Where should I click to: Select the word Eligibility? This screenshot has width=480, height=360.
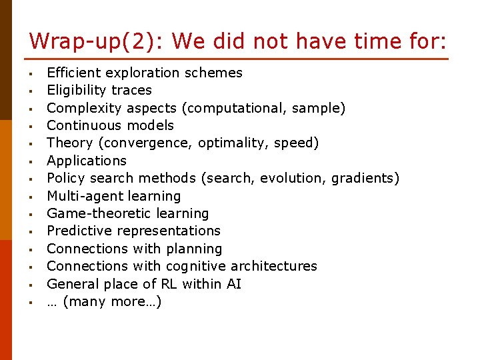76,90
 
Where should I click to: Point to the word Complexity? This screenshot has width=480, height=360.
79,108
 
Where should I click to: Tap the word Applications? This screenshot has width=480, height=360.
87,161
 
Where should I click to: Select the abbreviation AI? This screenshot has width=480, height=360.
233,284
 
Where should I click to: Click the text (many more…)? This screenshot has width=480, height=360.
112,301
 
